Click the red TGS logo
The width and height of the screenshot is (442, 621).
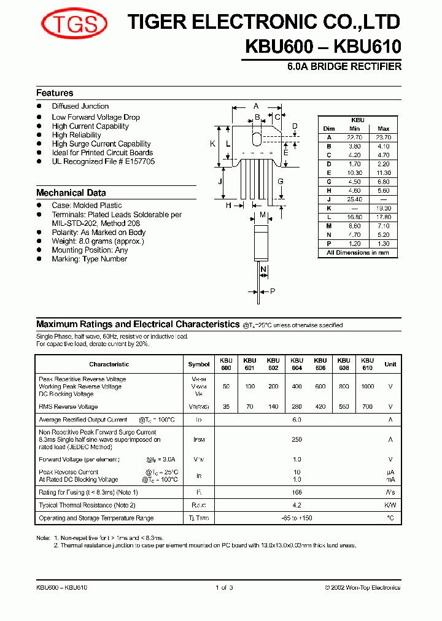(x=74, y=25)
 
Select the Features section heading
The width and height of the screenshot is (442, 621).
(x=55, y=93)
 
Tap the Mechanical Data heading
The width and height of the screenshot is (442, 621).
(x=71, y=193)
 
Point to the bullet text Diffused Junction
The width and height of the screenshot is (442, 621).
(x=80, y=106)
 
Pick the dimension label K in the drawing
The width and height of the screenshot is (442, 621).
(x=212, y=144)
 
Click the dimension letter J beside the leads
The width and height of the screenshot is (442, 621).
(x=220, y=182)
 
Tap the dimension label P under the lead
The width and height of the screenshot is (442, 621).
(x=273, y=291)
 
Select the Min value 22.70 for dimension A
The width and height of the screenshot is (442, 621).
(x=354, y=137)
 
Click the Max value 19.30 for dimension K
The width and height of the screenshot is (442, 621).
(x=384, y=208)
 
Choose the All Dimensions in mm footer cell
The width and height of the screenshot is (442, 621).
(x=358, y=253)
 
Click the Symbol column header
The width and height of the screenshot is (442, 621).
(x=199, y=364)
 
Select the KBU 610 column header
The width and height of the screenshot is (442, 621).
(x=367, y=364)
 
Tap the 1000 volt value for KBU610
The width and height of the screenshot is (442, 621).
(x=367, y=387)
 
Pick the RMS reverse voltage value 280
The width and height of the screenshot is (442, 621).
(x=297, y=407)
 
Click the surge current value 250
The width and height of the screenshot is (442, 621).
(x=297, y=439)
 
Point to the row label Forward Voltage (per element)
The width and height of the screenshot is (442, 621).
(x=79, y=460)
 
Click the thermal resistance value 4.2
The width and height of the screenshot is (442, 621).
(x=297, y=505)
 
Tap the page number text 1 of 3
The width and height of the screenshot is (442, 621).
(x=224, y=588)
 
